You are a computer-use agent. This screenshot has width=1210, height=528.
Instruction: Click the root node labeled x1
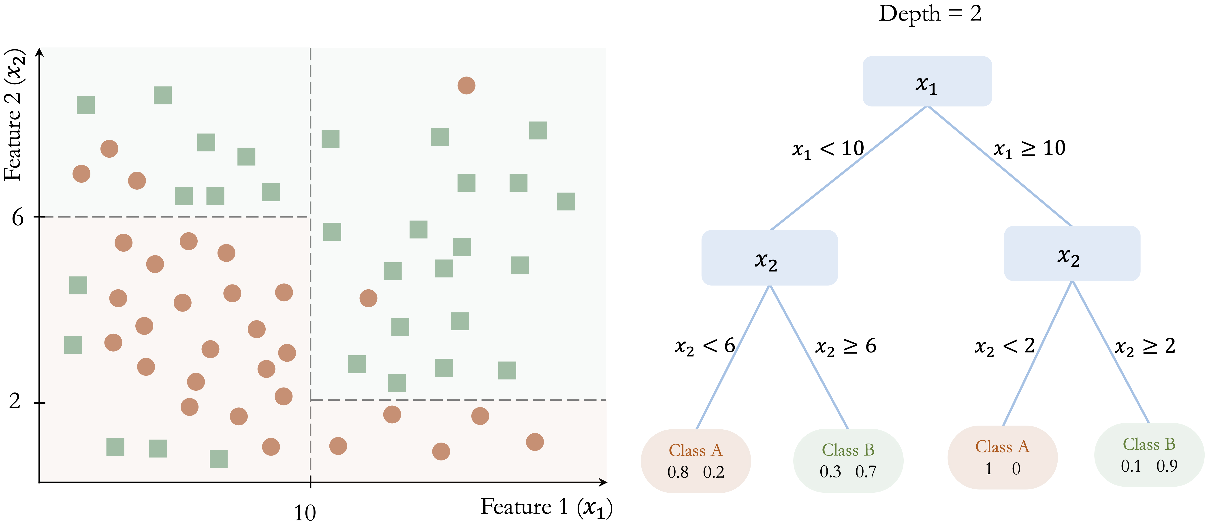(x=927, y=81)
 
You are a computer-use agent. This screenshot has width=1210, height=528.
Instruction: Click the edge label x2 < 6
(x=704, y=346)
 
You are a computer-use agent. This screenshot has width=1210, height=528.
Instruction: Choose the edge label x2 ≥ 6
(x=845, y=346)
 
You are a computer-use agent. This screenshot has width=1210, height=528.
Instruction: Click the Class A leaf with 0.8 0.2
(x=696, y=461)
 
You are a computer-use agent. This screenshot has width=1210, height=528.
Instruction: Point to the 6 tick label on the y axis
(x=17, y=217)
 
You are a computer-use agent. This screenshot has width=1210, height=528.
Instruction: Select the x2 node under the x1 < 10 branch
(x=769, y=258)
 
